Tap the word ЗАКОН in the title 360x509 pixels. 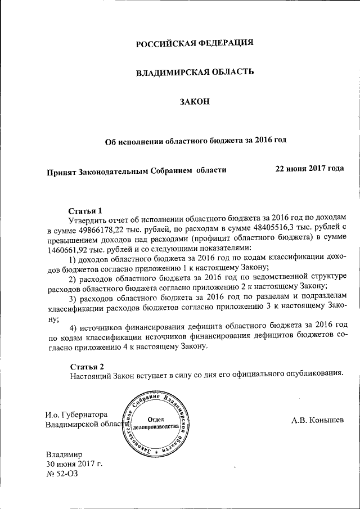[195, 101]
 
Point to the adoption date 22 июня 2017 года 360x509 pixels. [309, 168]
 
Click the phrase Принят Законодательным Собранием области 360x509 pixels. [136, 169]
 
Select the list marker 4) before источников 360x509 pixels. [73, 328]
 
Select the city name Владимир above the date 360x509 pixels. [64, 453]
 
